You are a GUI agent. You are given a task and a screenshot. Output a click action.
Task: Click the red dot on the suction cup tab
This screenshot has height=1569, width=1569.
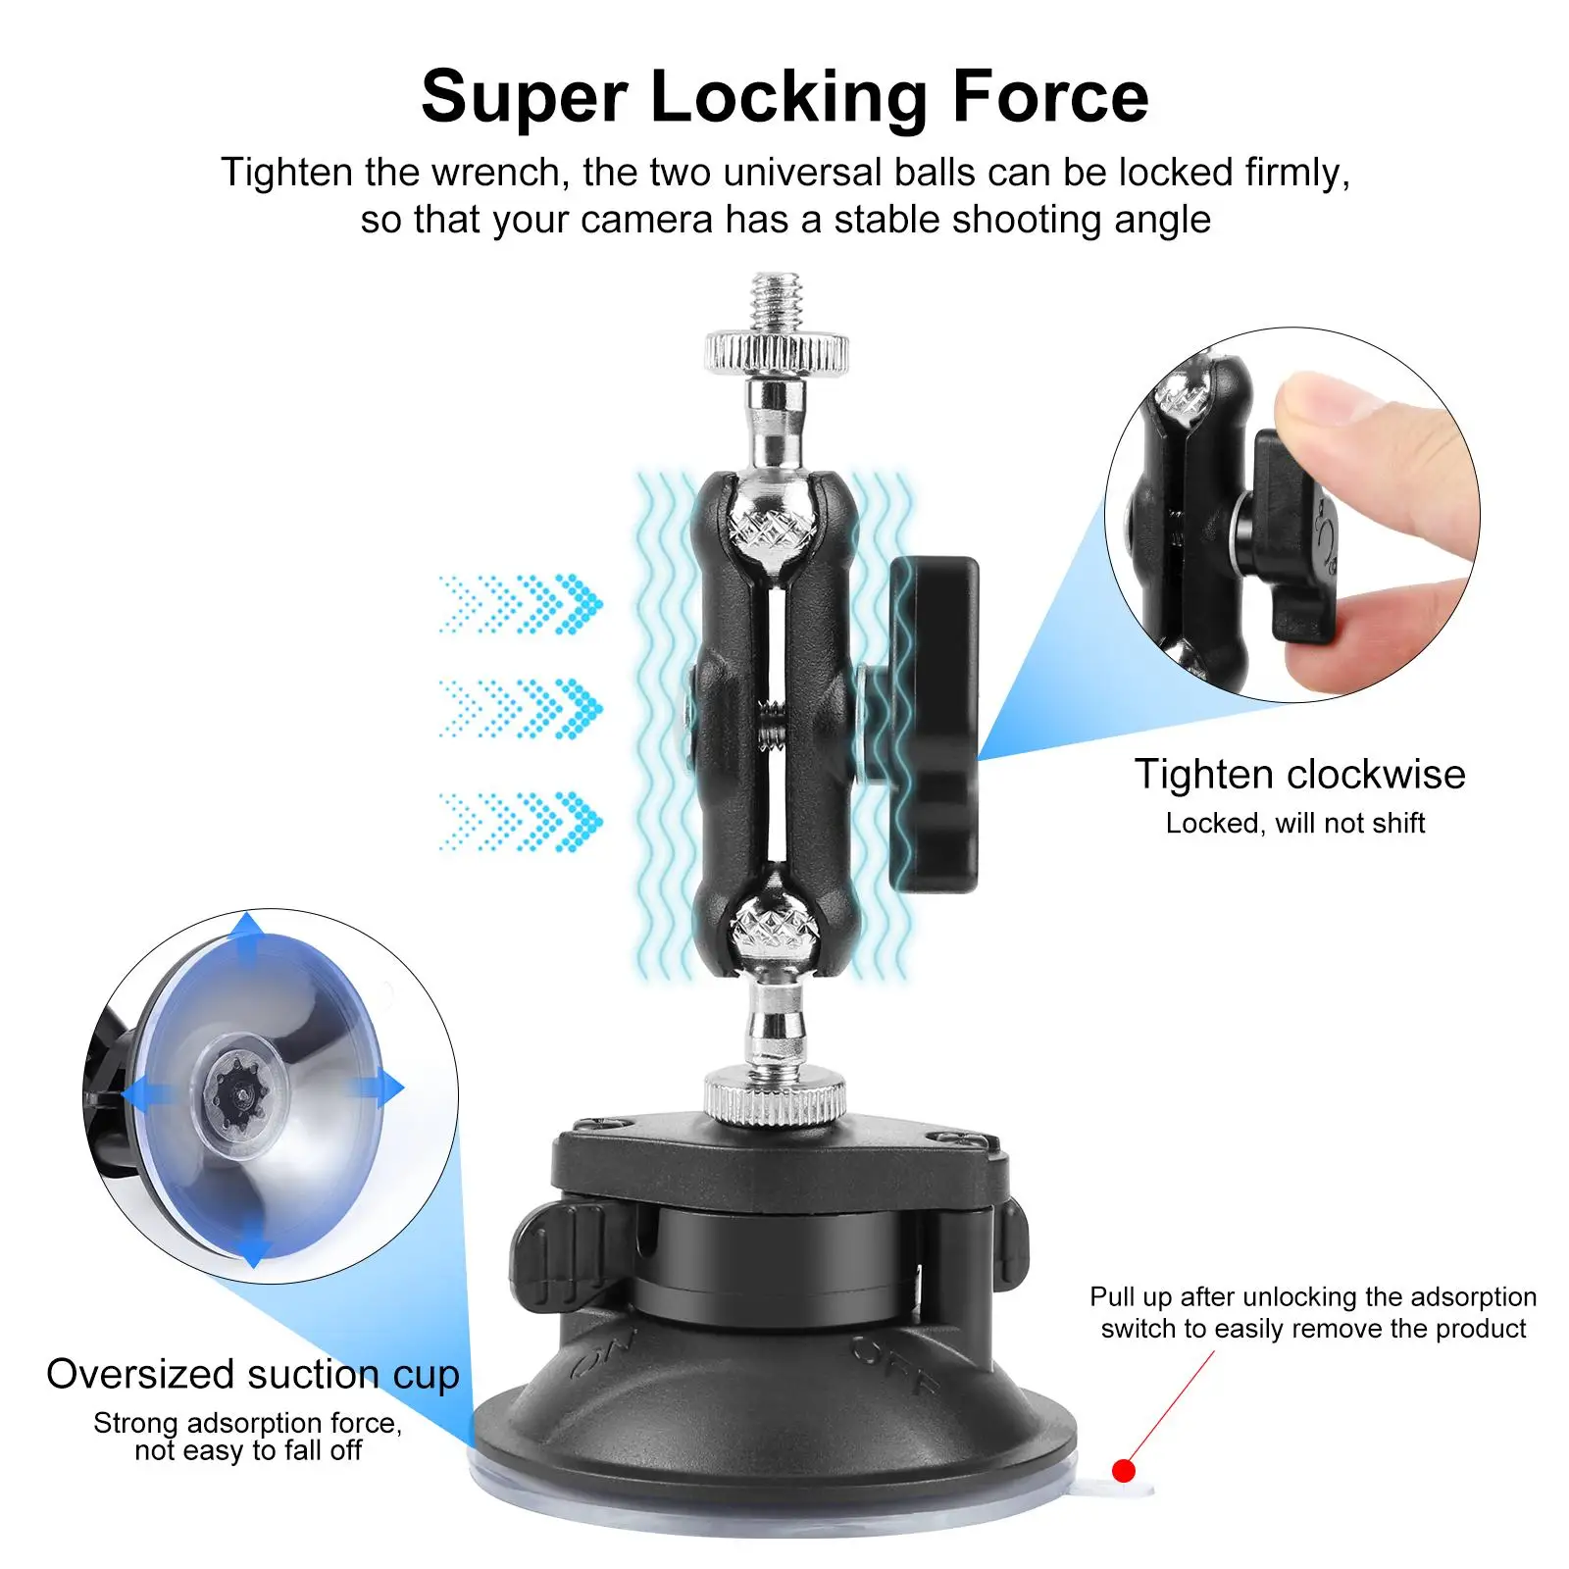(1124, 1471)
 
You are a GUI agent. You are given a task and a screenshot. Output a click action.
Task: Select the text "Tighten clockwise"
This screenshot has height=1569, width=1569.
(1299, 775)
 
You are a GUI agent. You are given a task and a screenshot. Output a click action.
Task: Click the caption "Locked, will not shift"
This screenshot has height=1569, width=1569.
(1294, 824)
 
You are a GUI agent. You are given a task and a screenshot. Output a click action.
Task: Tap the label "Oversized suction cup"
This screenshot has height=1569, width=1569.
(253, 1375)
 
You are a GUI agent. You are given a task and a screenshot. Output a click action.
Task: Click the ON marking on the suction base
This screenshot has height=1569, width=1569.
(604, 1353)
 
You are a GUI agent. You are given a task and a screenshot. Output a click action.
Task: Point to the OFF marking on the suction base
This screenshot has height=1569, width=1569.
(892, 1363)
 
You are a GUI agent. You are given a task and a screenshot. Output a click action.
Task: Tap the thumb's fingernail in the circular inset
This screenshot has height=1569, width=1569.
(1319, 396)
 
